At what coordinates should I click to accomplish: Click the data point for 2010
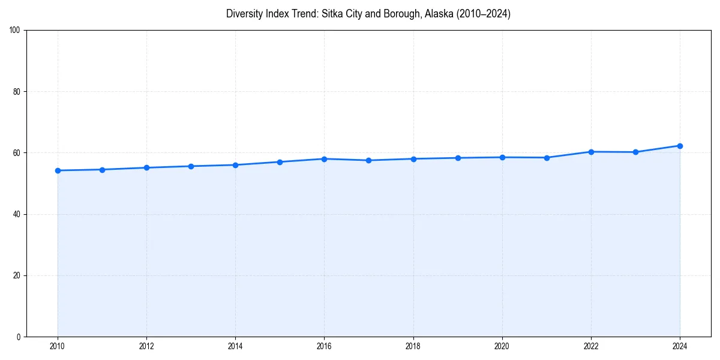58,170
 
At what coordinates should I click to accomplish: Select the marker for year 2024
680,146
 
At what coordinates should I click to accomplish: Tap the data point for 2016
324,159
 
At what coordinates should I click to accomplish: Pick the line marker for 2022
591,152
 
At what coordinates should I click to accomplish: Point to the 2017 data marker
368,160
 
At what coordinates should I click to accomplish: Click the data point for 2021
547,158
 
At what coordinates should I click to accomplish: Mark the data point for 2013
191,166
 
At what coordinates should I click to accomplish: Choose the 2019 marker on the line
458,158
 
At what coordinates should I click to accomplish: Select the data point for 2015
280,162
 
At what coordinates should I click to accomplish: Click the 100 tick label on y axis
15,31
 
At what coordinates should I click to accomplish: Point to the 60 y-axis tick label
17,153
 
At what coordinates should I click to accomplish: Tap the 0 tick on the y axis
19,337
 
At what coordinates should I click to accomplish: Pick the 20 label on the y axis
17,275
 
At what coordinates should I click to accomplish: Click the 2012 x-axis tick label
146,346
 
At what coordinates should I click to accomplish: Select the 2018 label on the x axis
413,346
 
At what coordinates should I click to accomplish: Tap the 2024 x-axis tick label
680,346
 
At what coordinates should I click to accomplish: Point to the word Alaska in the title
438,14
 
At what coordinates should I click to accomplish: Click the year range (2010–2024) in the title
483,14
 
